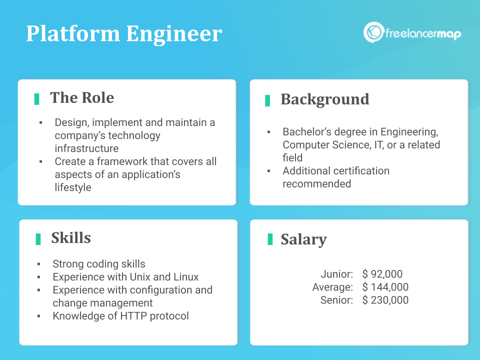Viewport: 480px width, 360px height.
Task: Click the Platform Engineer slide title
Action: (124, 34)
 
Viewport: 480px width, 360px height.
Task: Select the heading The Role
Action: (82, 97)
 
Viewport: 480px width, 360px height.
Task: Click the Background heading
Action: (325, 99)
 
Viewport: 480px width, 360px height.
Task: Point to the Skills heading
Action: (71, 238)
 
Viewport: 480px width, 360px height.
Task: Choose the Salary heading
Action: (303, 239)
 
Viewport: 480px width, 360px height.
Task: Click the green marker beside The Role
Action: (37, 99)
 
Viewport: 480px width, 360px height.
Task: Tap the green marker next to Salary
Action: (270, 239)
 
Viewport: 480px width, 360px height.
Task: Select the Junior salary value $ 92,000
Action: (382, 274)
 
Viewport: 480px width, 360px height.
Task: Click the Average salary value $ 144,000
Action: (385, 287)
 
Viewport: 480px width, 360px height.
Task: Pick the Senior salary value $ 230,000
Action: (385, 300)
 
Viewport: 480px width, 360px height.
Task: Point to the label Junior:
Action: (337, 274)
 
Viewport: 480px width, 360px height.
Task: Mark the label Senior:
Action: (337, 300)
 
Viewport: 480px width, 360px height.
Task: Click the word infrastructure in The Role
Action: (86, 148)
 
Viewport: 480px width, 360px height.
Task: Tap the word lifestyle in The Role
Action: (73, 187)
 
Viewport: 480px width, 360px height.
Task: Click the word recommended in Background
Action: (317, 183)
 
